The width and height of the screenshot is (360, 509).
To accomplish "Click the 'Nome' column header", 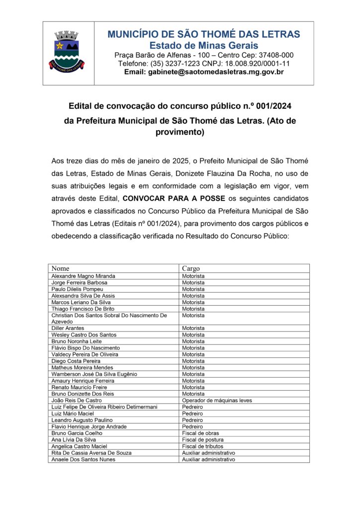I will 60,268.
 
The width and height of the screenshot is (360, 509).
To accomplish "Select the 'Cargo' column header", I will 191,268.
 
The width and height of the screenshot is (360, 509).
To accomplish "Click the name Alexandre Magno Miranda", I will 83,276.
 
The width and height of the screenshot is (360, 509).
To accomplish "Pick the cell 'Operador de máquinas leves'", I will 217,400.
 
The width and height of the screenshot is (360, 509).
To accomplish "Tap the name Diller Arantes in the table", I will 68,328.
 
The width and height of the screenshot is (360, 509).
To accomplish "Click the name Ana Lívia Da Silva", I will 74,439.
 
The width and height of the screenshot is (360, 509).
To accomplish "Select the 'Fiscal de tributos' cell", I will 203,446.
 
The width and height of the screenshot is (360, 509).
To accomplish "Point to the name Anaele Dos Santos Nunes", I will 83,459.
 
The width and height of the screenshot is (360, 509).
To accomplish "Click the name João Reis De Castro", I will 77,400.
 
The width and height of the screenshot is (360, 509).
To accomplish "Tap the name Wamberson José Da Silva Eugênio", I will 94,374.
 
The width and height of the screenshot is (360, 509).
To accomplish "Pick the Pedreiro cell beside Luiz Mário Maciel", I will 192,413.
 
